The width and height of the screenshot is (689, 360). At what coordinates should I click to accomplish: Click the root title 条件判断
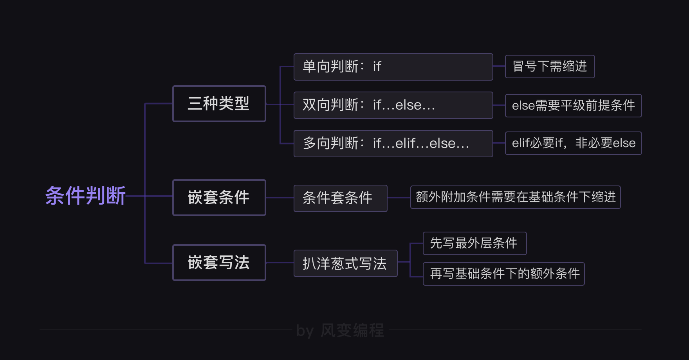[85, 196]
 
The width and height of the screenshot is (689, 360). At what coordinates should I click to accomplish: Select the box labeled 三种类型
[219, 104]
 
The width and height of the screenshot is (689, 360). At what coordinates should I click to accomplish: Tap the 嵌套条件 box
[219, 198]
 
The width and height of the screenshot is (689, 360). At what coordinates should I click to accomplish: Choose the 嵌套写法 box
[219, 263]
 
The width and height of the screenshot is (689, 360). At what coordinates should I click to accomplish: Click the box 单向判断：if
[393, 67]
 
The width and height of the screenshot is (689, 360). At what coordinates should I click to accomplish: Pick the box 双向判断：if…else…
[393, 105]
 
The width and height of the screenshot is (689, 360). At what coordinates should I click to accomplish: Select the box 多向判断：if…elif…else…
[393, 144]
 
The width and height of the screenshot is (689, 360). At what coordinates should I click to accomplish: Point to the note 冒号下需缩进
[550, 67]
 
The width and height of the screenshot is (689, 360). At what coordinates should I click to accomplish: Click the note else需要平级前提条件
[573, 106]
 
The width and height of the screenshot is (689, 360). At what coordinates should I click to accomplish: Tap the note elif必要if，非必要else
[573, 143]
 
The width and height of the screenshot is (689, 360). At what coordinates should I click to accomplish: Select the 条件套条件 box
[340, 198]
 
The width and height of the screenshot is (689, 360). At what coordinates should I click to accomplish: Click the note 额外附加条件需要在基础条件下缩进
[515, 197]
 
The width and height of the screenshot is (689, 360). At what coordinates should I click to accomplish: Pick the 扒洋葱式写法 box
[345, 263]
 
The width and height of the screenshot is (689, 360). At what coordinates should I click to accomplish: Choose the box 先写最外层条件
[474, 243]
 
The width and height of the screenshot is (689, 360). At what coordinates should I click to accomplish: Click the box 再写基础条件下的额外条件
[503, 274]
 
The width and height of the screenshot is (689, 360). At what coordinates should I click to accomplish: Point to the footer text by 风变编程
[340, 331]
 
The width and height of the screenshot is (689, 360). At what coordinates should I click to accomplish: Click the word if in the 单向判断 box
[377, 67]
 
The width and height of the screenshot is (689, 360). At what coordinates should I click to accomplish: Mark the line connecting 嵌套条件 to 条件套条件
[280, 198]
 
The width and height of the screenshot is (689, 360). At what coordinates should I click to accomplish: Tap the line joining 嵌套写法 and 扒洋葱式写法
[280, 263]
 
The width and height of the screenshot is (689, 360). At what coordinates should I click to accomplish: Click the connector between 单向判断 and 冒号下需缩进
[499, 67]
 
